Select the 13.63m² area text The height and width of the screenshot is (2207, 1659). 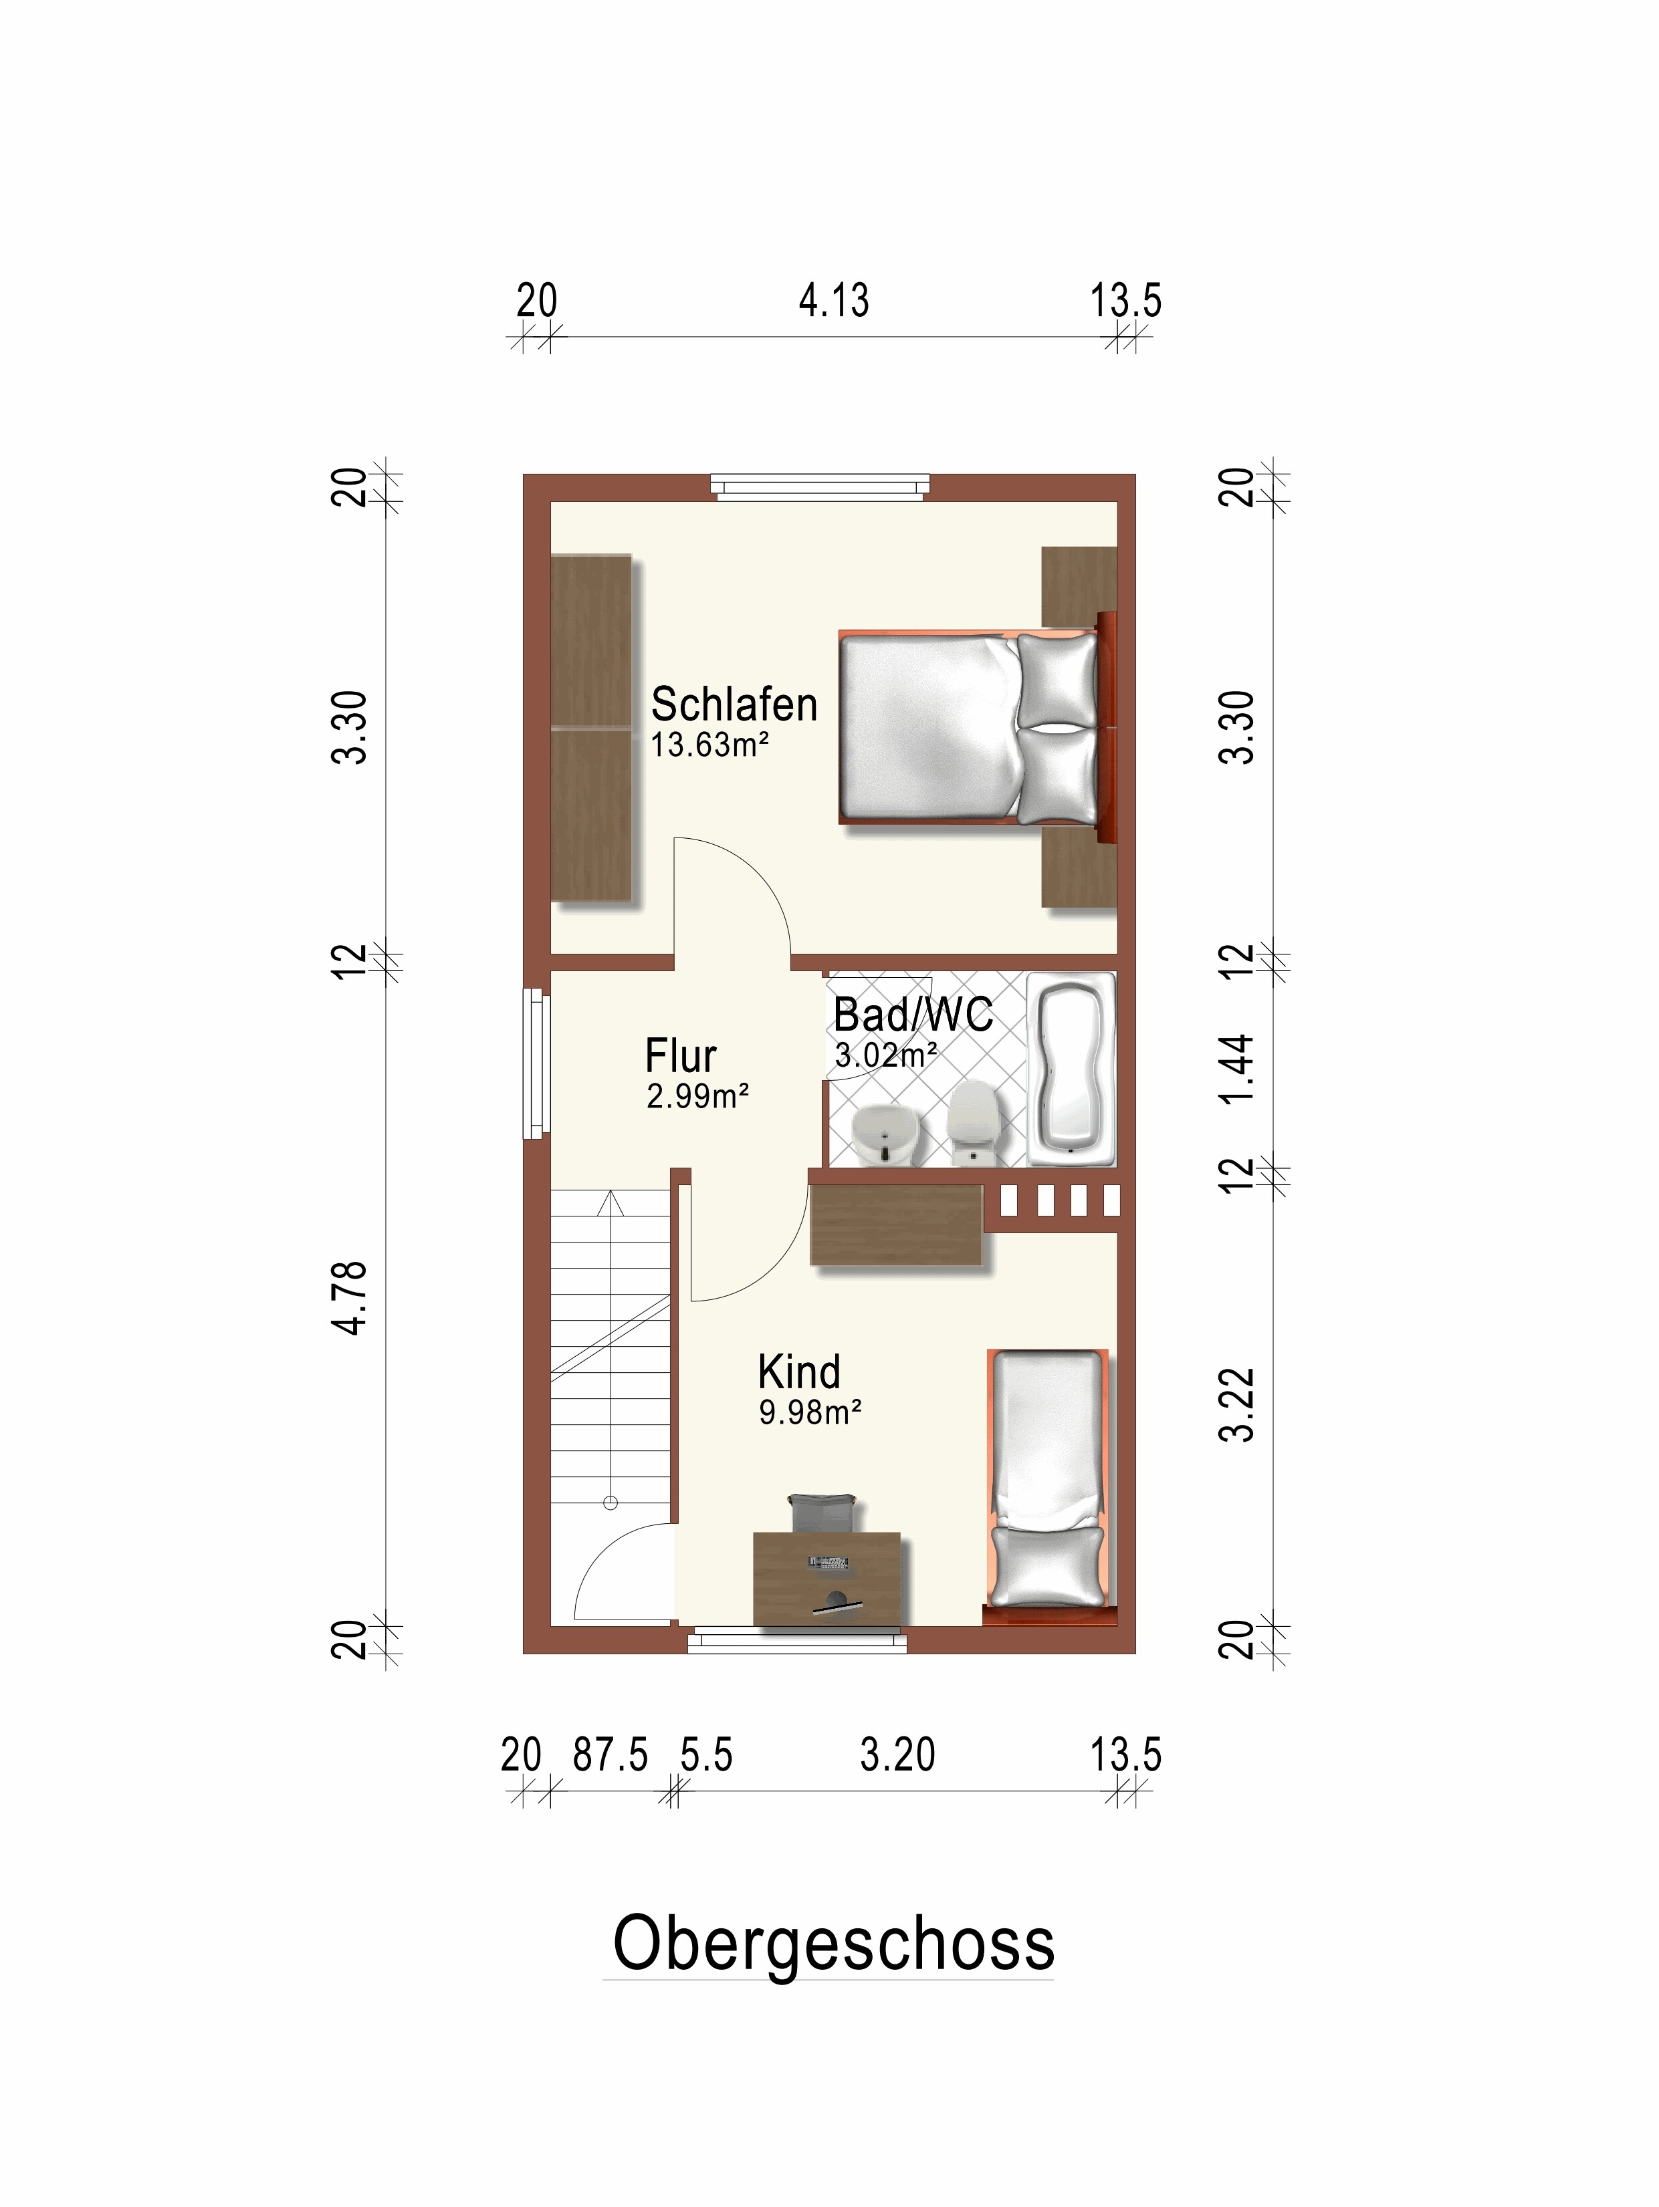pyautogui.click(x=709, y=745)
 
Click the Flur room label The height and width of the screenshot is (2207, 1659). pyautogui.click(x=681, y=1055)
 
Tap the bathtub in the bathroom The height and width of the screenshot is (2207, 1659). pyautogui.click(x=1071, y=1069)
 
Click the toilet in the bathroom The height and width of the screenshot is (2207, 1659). pyautogui.click(x=973, y=1122)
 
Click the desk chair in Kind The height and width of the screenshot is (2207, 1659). pyautogui.click(x=822, y=1513)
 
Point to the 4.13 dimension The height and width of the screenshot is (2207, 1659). pyautogui.click(x=833, y=300)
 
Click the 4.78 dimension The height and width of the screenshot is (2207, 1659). pyautogui.click(x=350, y=1297)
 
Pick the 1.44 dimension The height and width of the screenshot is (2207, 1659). pyautogui.click(x=1238, y=1069)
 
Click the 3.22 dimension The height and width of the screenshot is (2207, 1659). pyautogui.click(x=1238, y=1405)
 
